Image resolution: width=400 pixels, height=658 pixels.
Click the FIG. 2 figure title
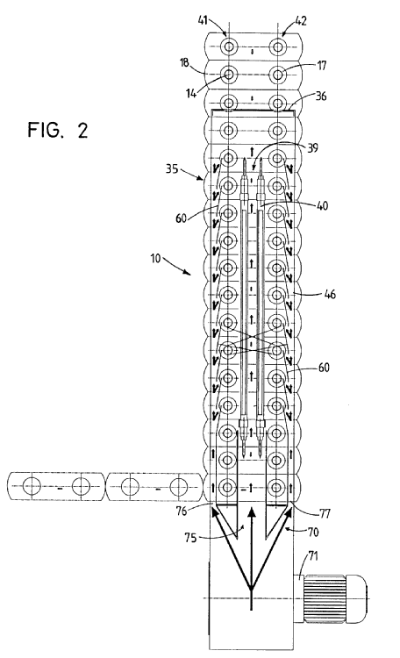tap(58, 130)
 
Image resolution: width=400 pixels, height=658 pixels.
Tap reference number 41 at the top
tap(203, 19)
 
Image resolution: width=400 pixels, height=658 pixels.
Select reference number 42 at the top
tap(302, 21)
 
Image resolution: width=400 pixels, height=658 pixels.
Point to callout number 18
tap(184, 63)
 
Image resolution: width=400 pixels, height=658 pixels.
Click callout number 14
tap(191, 93)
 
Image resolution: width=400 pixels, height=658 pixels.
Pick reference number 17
tap(322, 66)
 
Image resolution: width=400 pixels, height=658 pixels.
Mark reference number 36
tap(321, 97)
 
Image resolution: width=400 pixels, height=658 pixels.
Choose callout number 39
tap(312, 147)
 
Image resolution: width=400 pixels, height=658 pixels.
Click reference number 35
tap(172, 170)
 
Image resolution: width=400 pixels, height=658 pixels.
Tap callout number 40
tap(322, 206)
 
